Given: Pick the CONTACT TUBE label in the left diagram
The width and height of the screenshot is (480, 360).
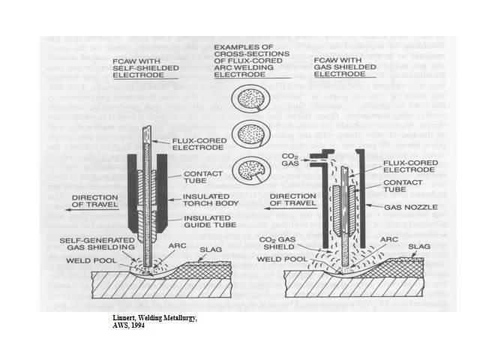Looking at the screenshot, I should coord(200,177).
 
